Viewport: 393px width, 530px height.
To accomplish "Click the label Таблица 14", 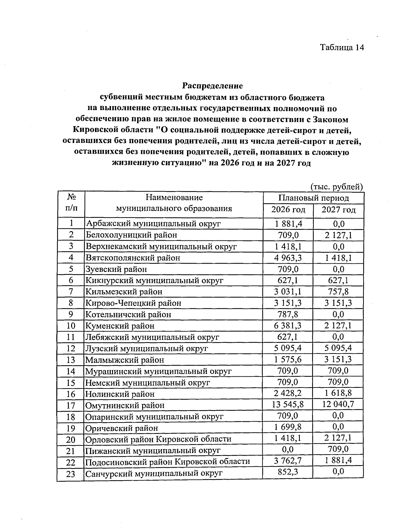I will (x=342, y=47).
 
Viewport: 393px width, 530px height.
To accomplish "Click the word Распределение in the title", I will (x=213, y=86).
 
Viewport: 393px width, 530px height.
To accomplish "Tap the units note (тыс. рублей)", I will (x=337, y=187).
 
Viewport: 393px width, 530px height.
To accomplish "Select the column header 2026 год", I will (x=288, y=210).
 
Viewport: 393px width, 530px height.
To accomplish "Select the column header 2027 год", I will (x=338, y=210).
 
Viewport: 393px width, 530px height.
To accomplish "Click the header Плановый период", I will (x=313, y=198).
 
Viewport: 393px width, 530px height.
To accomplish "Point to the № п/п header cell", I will (x=71, y=203).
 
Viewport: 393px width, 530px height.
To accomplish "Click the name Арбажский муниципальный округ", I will (x=153, y=224).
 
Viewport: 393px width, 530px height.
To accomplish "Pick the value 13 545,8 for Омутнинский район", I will (x=288, y=405).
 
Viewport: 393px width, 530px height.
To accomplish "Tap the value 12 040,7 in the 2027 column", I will (x=338, y=405).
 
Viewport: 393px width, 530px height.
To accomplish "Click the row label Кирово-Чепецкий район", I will (x=133, y=303).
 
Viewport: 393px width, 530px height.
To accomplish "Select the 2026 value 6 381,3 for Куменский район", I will (x=288, y=325).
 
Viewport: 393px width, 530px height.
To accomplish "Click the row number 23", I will (x=71, y=474).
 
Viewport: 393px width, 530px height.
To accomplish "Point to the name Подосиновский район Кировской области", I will (x=167, y=462).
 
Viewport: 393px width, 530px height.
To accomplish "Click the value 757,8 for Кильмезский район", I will (x=338, y=291).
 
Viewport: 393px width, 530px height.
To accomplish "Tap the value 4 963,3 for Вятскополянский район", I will (x=288, y=257).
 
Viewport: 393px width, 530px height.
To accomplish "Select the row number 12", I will (x=71, y=349).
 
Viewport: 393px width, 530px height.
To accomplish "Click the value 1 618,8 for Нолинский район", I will (x=338, y=393).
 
